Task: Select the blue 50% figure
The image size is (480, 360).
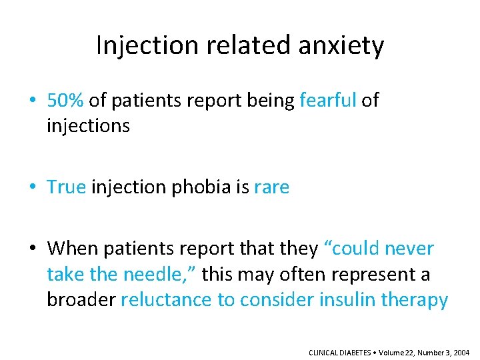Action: click(x=65, y=100)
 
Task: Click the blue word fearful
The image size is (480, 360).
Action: click(x=328, y=100)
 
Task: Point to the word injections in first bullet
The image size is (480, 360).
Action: click(x=88, y=125)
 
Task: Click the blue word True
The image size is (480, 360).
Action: click(x=67, y=187)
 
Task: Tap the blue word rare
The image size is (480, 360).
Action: click(x=272, y=187)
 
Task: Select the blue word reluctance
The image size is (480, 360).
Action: click(x=167, y=300)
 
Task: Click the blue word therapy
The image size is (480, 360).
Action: click(x=415, y=300)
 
